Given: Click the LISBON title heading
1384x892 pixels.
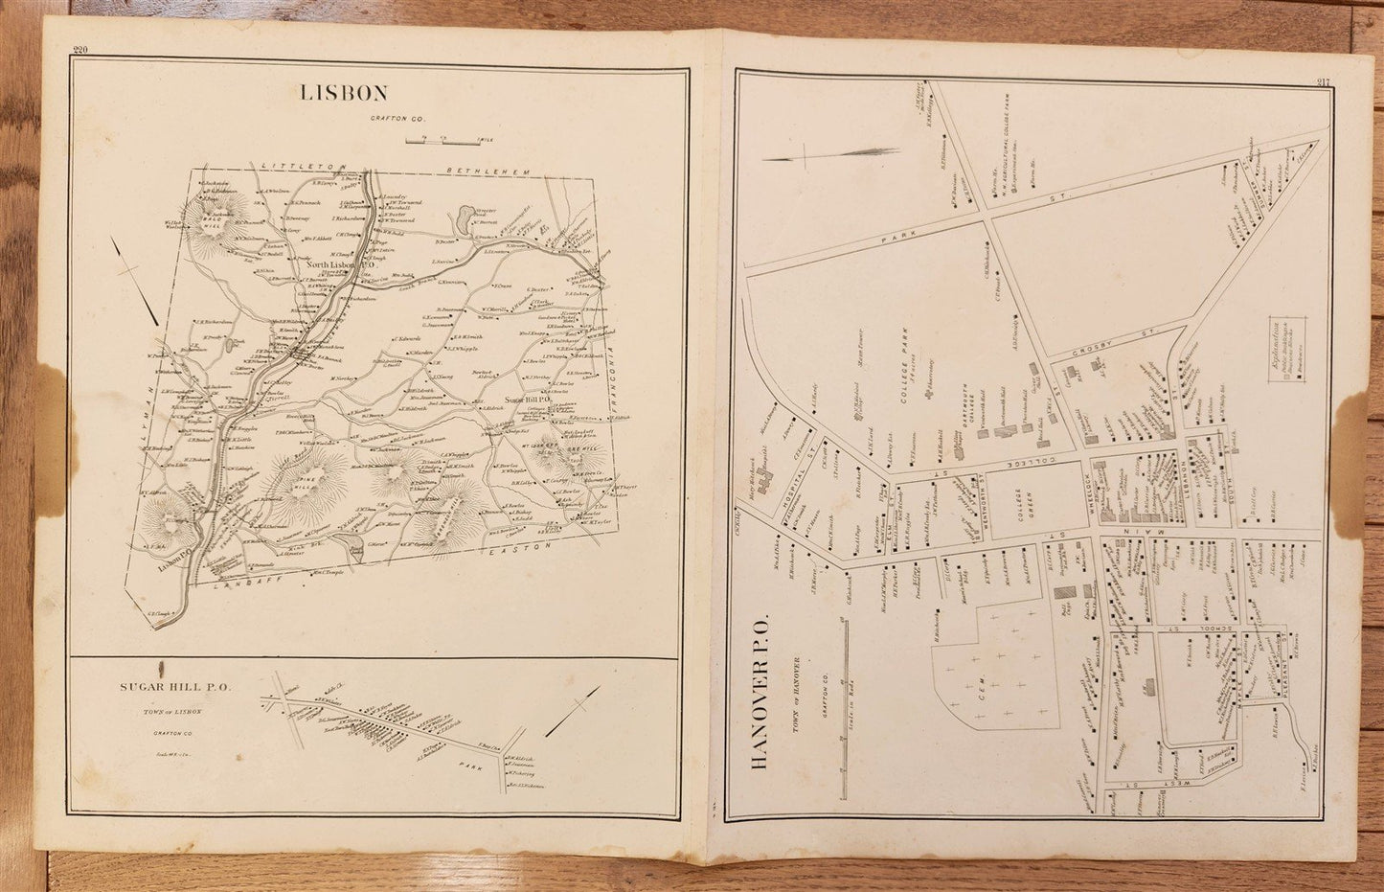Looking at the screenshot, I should click(x=344, y=93).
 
